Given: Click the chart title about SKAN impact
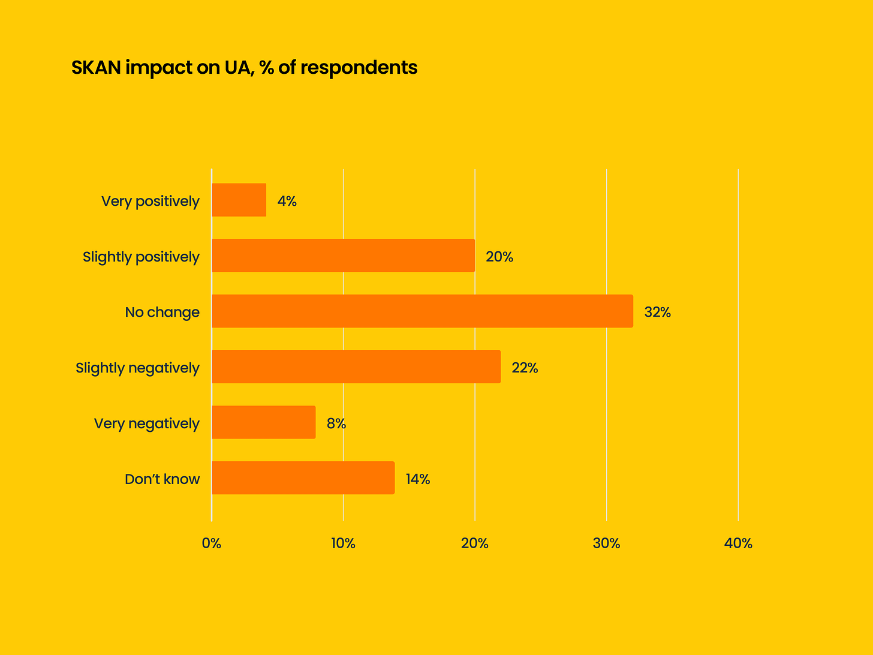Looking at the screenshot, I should pos(244,68).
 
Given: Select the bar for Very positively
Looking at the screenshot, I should pos(239,200).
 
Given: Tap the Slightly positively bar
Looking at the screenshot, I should pos(343,256).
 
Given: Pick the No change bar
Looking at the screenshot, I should pos(422,311).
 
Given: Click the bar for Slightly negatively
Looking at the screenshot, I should pos(356,366).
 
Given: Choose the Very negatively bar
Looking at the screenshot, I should pos(263,422).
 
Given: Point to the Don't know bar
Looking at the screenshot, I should pos(303,477).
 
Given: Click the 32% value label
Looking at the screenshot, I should pos(657,312).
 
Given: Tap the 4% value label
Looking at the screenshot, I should pos(287,201).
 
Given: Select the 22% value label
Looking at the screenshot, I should pos(525,368).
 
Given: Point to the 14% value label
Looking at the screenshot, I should pos(417,479).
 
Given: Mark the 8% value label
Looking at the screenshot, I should pos(336,423).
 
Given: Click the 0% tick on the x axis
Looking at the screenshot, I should pos(211,543).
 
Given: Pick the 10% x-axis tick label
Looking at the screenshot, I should pos(343,543).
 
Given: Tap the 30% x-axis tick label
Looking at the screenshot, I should pos(606,543).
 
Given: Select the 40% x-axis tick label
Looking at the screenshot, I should pos(738,543).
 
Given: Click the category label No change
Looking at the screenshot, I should pos(162,312).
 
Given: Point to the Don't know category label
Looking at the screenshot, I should pos(162,479).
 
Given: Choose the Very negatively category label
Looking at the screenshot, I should pos(146,423).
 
